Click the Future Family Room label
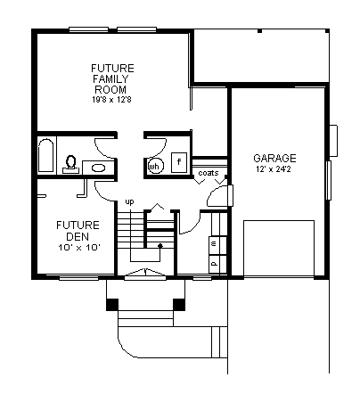112,78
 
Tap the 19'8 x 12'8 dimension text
111,100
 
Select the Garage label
274,158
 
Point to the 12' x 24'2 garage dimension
274,169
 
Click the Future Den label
78,231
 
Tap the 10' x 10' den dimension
78,248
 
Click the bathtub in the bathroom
45,155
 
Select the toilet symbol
70,164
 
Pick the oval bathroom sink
98,168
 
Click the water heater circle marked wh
154,167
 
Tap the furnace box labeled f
179,162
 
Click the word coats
209,173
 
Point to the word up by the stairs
129,202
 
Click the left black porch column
112,305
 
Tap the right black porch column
179,305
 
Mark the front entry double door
145,275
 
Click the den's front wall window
78,278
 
